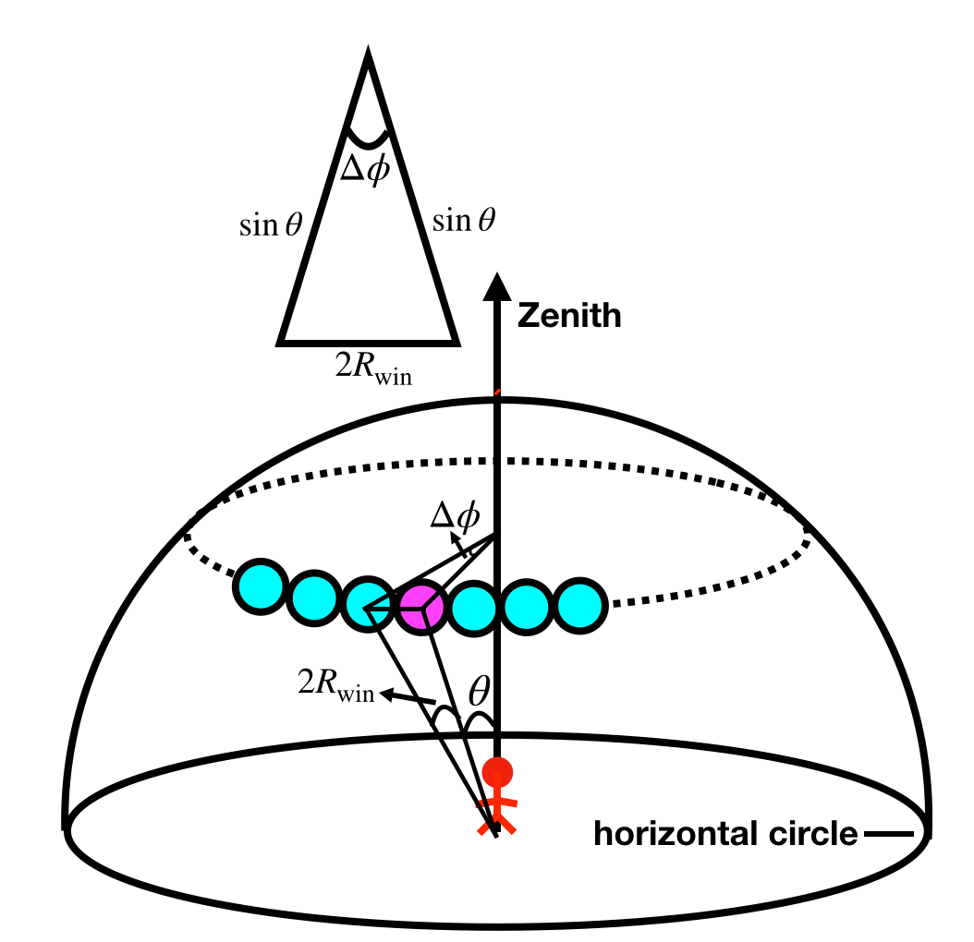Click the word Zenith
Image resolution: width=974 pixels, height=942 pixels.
click(569, 317)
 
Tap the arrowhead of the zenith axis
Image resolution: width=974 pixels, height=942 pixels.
click(498, 285)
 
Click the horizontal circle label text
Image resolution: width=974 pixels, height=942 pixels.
click(725, 835)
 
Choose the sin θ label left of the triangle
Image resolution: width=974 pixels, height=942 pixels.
click(271, 225)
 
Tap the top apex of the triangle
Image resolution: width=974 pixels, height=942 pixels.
click(368, 58)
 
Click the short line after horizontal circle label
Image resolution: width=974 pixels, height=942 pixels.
click(889, 835)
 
